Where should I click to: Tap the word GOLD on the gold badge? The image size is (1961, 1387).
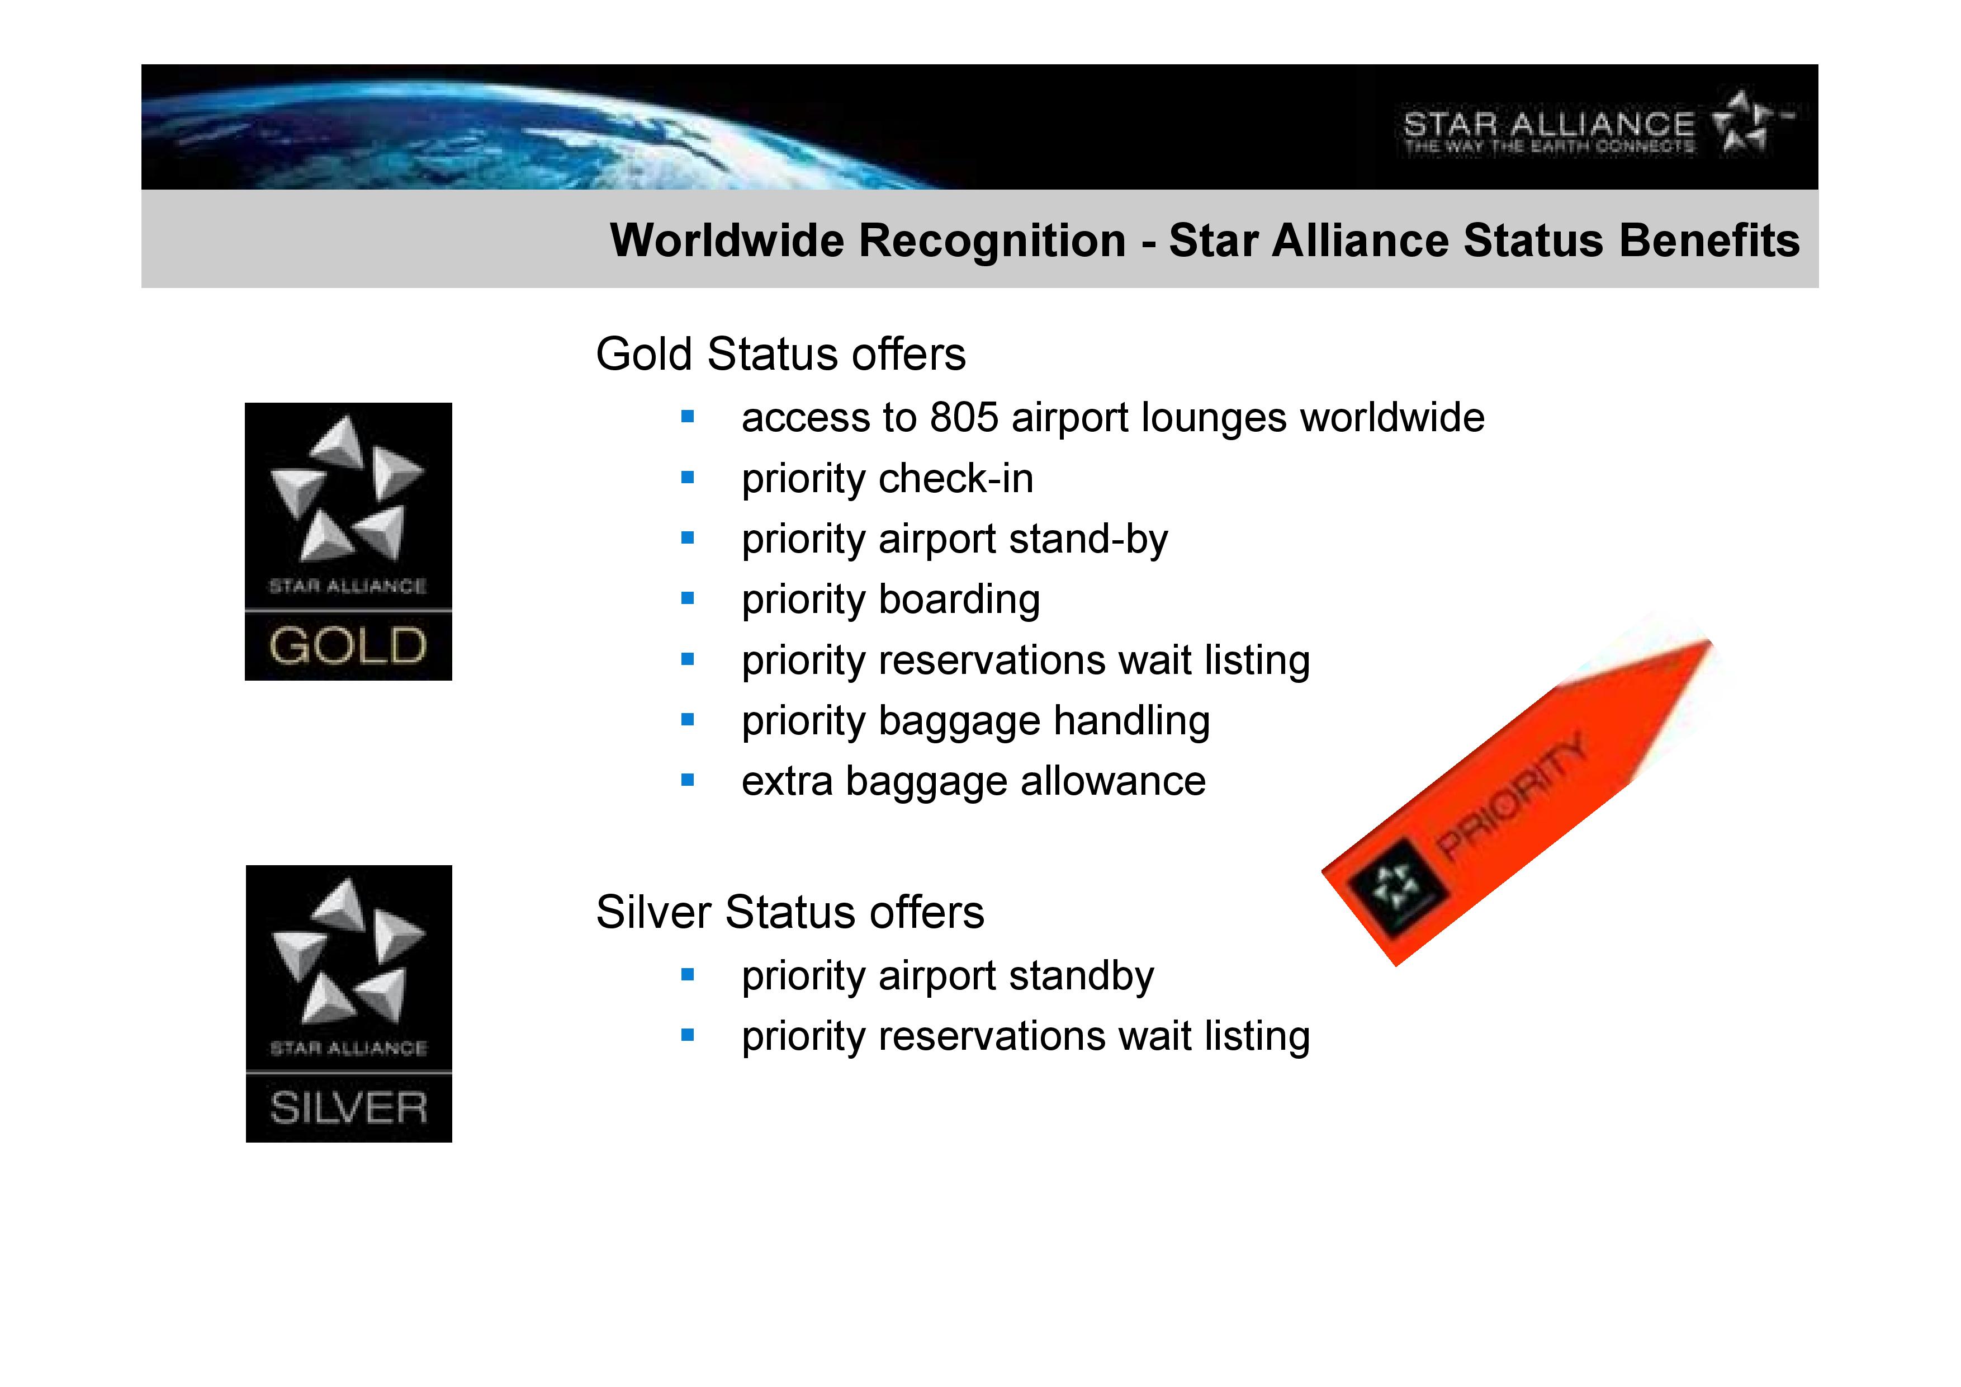pos(348,646)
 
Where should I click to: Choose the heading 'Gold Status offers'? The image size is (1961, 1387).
pos(780,354)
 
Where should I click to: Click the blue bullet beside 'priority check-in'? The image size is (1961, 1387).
pos(688,478)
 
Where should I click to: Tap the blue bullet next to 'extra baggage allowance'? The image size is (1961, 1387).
pos(688,780)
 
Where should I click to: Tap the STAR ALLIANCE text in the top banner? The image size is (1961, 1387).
pos(1548,125)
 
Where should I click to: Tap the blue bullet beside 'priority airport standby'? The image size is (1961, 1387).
pos(688,974)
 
